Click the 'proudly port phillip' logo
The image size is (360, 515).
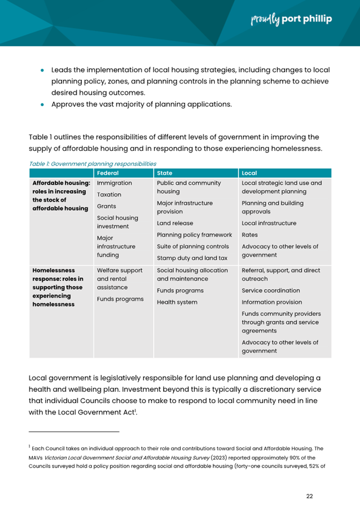tap(291, 19)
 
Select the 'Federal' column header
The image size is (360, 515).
tap(108, 173)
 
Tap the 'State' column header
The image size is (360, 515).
tap(165, 173)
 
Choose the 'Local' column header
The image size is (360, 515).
tap(249, 173)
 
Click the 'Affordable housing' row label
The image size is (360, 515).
tap(61, 195)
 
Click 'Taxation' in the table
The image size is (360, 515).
tap(109, 194)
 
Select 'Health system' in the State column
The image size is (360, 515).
tap(177, 302)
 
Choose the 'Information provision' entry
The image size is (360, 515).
tap(273, 302)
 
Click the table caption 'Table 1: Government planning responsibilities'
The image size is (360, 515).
tap(92, 163)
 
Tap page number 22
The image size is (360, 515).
tap(309, 496)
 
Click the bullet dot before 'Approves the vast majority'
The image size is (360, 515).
tap(42, 104)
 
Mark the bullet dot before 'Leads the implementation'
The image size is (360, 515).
tap(42, 71)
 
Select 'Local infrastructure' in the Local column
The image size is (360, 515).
tap(269, 223)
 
